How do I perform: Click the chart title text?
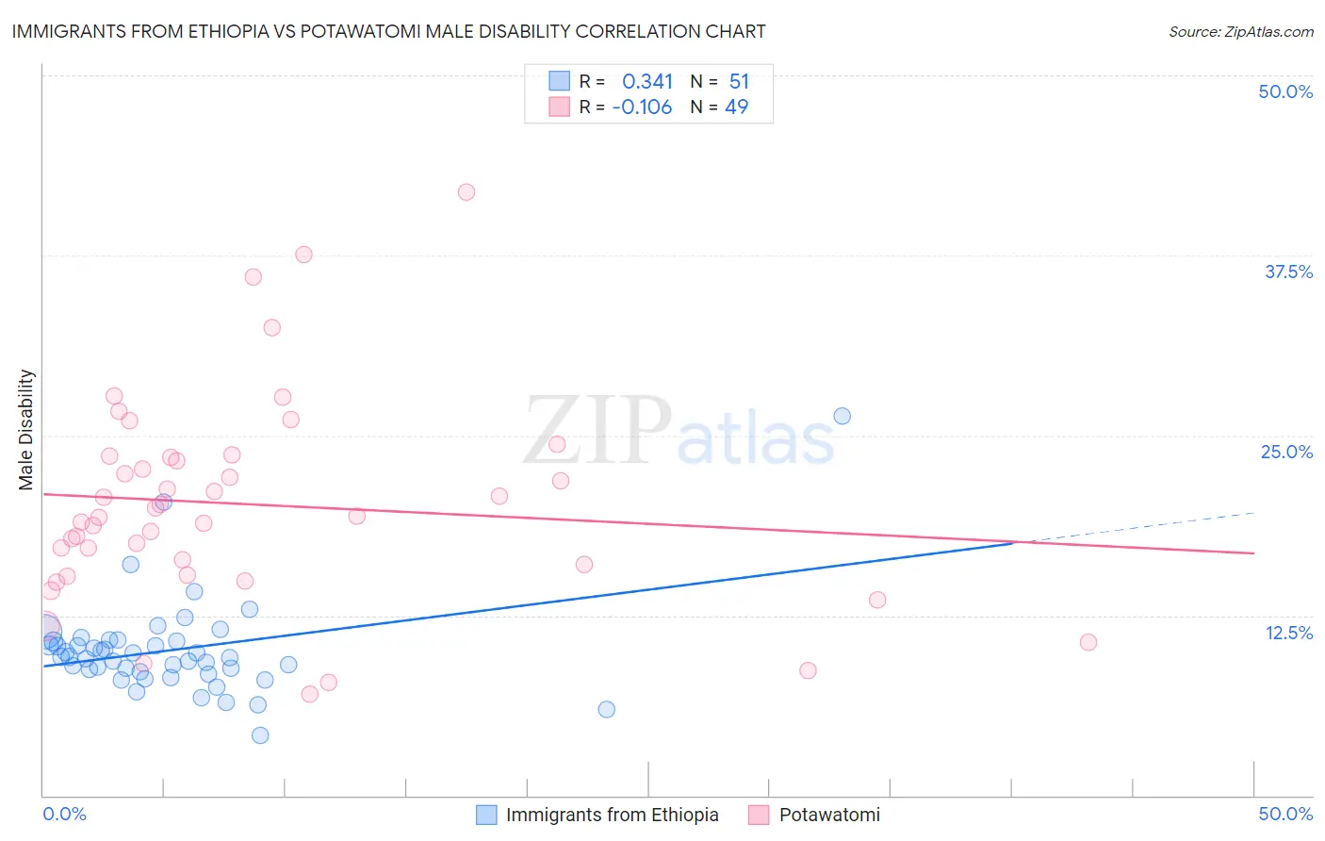[x=388, y=31]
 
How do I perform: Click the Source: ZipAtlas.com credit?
[x=1240, y=31]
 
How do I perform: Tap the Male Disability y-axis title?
[x=26, y=429]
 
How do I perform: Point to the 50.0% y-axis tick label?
[x=1285, y=91]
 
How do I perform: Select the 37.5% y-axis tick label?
[x=1288, y=272]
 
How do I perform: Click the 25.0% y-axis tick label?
[x=1286, y=452]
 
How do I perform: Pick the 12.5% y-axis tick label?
[x=1288, y=633]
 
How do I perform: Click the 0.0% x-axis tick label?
[x=64, y=814]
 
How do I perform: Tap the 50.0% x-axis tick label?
[x=1285, y=814]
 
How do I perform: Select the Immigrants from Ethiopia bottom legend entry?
[x=599, y=815]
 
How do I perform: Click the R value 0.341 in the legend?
[x=647, y=82]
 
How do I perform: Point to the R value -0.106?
[x=642, y=107]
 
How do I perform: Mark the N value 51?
[x=739, y=82]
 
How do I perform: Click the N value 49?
[x=736, y=107]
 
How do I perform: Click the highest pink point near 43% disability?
[x=466, y=192]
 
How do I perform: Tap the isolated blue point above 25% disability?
[x=842, y=416]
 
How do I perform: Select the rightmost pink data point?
[x=1088, y=642]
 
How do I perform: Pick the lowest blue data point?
[x=260, y=735]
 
